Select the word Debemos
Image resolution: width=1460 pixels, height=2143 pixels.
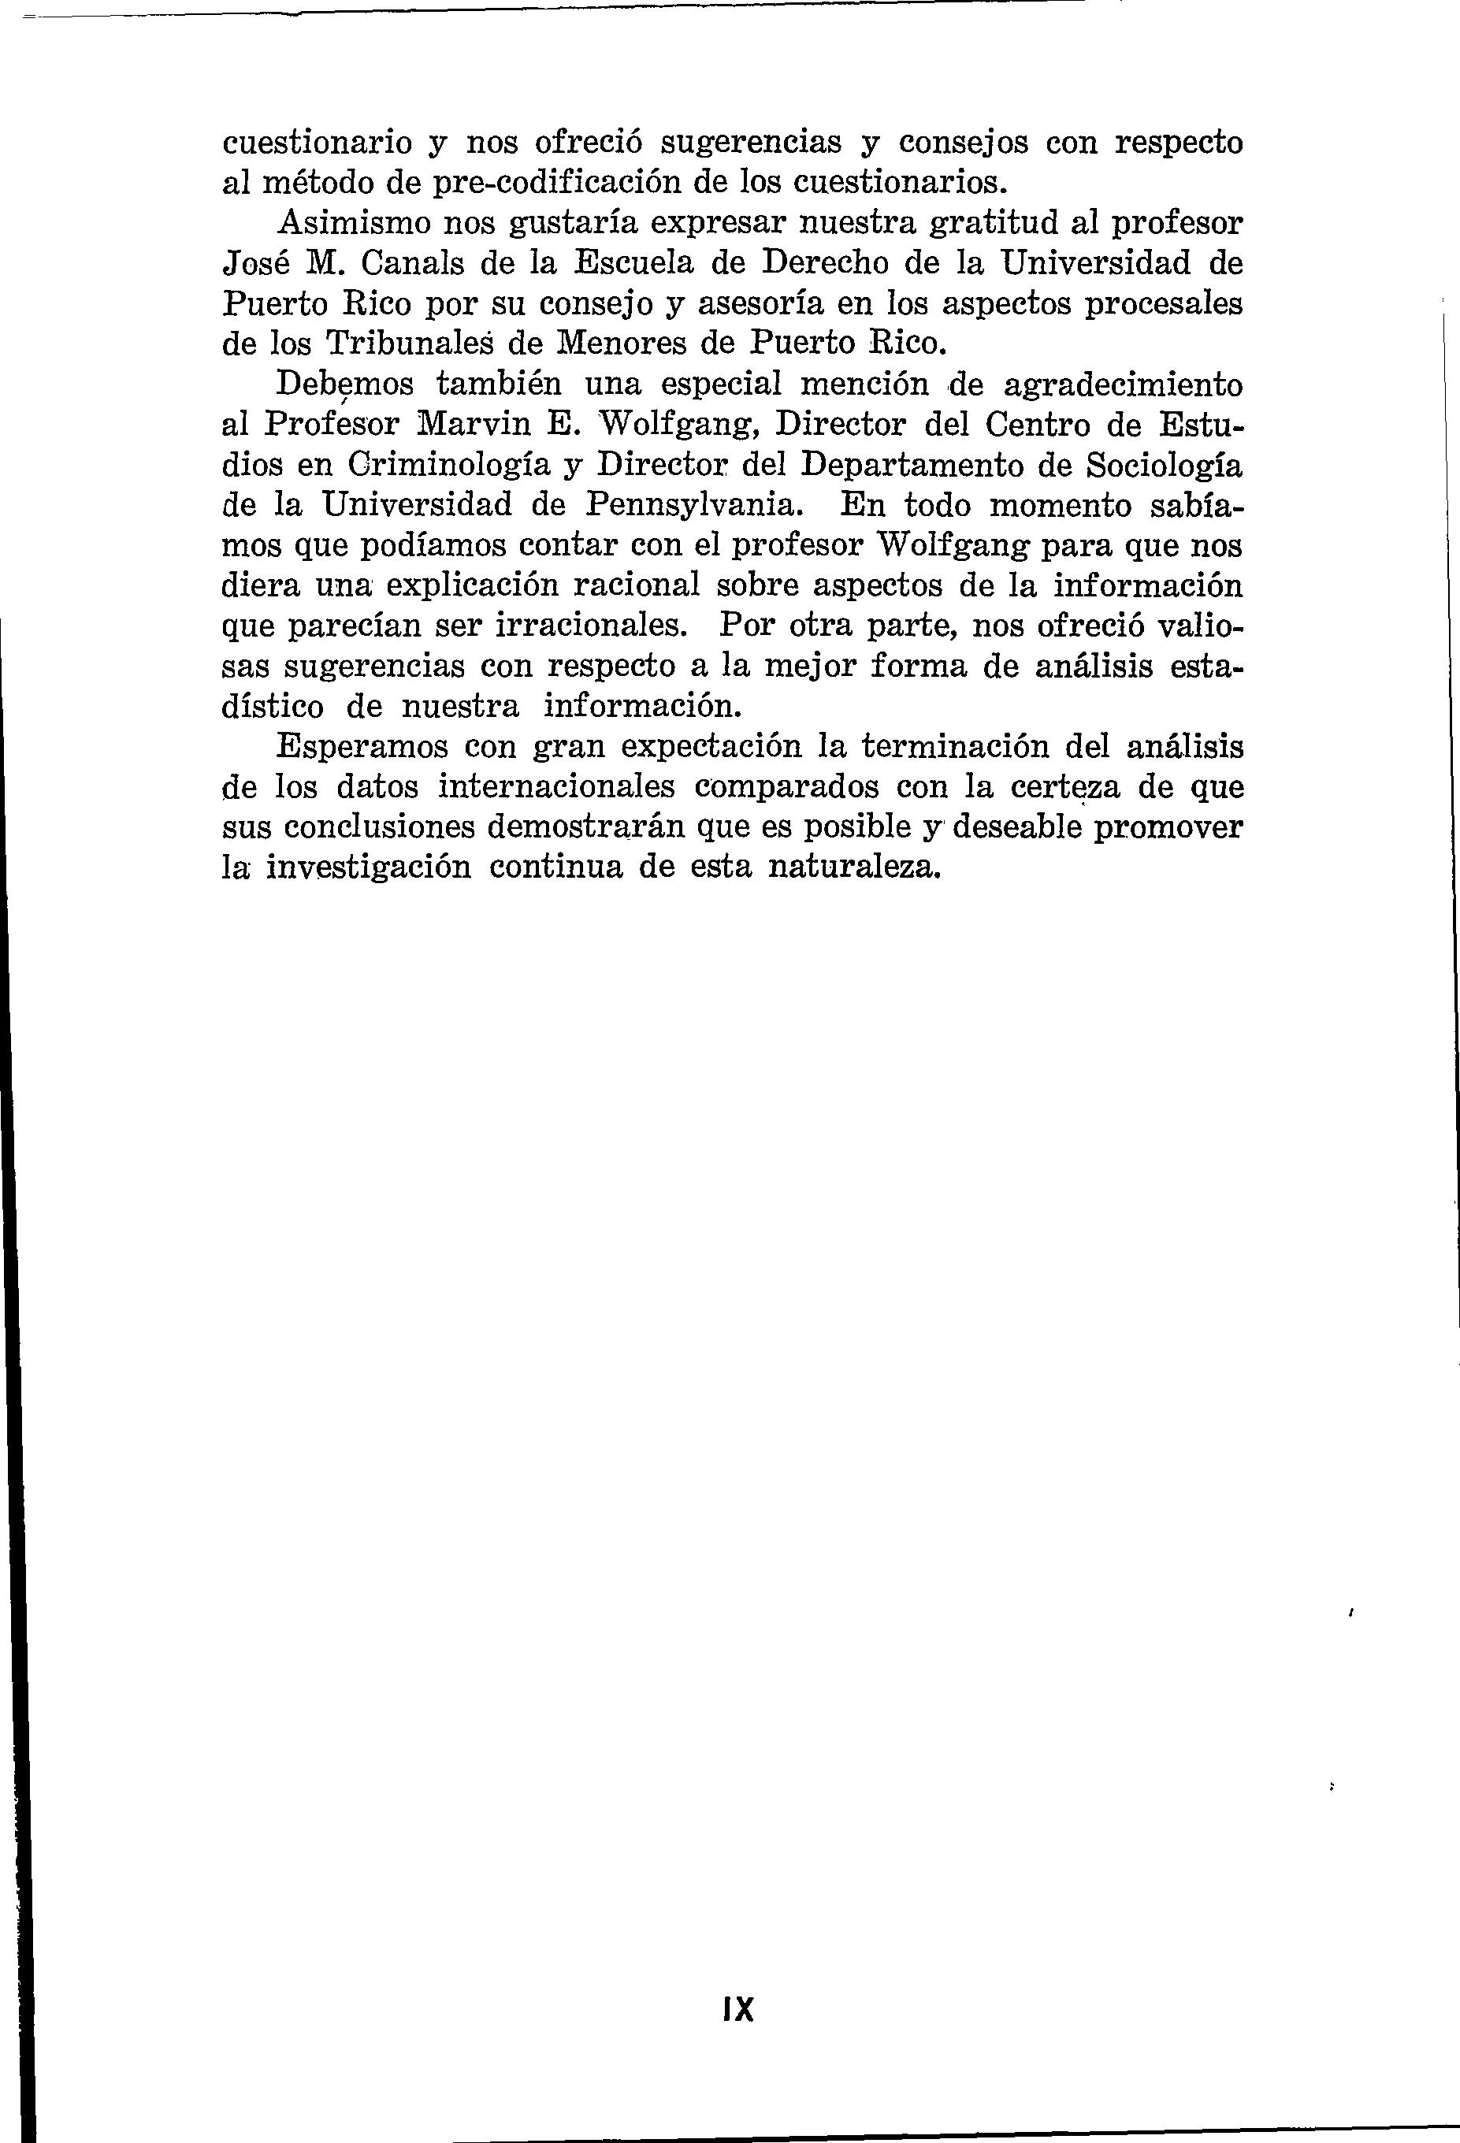(x=345, y=384)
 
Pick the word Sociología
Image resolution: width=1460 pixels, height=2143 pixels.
(x=1163, y=464)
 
